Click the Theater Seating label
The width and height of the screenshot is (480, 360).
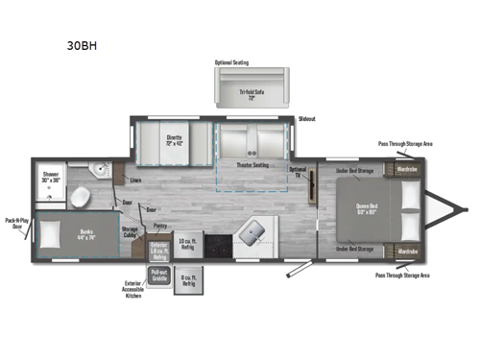pyautogui.click(x=252, y=164)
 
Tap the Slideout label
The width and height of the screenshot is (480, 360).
pyautogui.click(x=306, y=119)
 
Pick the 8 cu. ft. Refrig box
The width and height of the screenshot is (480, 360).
pyautogui.click(x=189, y=281)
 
